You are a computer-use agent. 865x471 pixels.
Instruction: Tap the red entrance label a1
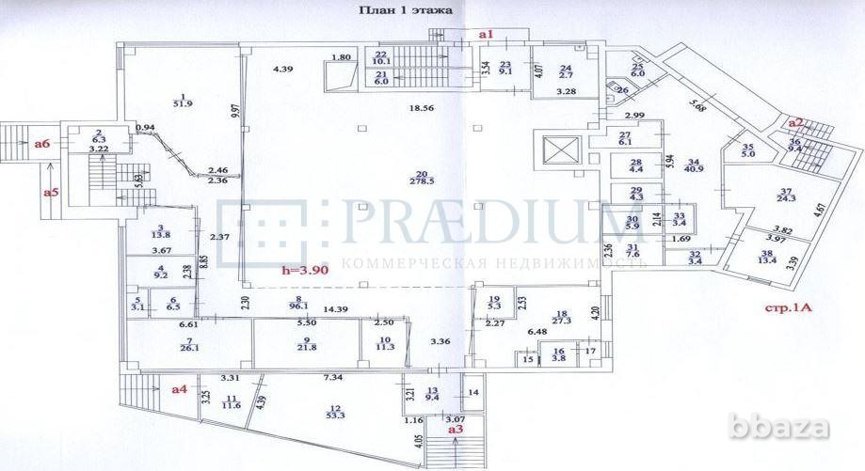487,34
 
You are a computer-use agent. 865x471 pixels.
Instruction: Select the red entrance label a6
41,144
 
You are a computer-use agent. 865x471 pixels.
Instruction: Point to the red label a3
457,428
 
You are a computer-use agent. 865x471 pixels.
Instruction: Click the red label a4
179,387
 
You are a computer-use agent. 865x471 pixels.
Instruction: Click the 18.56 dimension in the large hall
420,109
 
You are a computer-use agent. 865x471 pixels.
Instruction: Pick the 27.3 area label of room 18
562,321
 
